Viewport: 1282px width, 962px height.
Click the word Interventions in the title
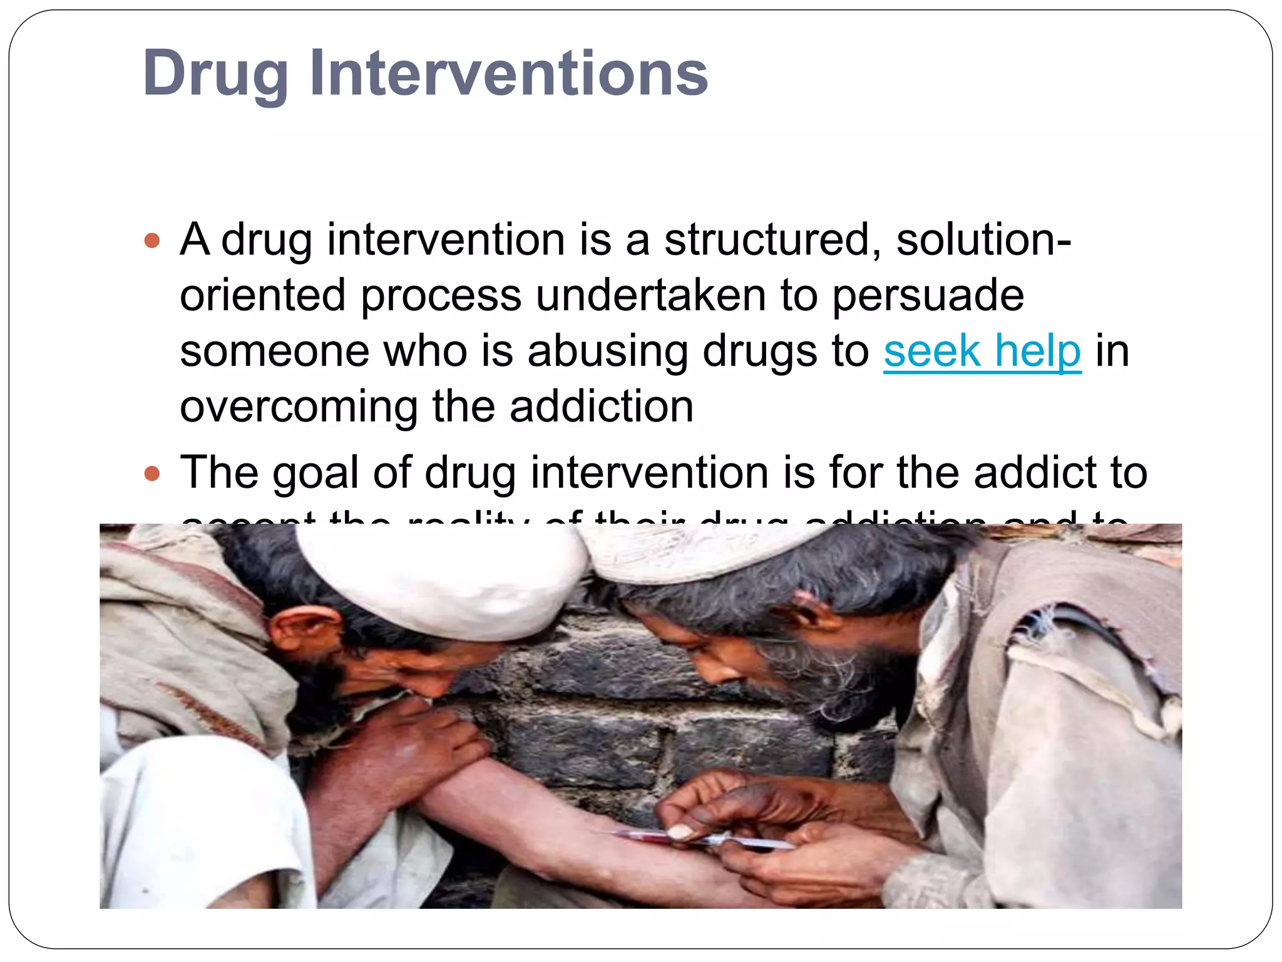pyautogui.click(x=508, y=74)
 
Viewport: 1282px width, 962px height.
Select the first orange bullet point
pyautogui.click(x=152, y=240)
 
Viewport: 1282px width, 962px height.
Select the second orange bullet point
pyautogui.click(x=152, y=473)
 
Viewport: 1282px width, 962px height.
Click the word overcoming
pyautogui.click(x=299, y=407)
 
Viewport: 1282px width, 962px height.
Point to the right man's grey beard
pyautogui.click(x=814, y=683)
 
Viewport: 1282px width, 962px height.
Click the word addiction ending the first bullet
pyautogui.click(x=601, y=407)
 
